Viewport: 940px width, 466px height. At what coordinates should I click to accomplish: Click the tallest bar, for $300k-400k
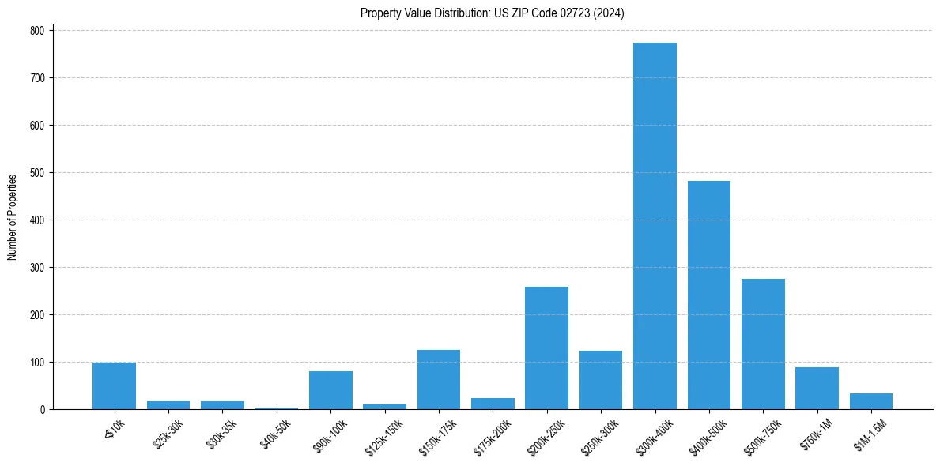(655, 226)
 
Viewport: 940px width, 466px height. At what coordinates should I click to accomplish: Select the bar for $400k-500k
(708, 295)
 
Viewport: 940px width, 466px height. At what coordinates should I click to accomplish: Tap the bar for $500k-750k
(763, 344)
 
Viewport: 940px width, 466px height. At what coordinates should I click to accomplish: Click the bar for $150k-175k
(438, 380)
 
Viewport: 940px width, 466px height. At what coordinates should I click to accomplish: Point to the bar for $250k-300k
(601, 380)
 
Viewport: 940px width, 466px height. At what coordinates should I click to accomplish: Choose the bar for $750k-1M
(817, 389)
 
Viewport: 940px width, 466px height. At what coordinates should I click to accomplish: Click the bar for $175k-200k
(493, 404)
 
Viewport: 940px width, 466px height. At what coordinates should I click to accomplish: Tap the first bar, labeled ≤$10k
(114, 386)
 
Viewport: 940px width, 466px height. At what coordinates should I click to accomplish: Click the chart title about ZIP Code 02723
(493, 13)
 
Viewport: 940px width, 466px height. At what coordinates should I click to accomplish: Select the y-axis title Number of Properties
(13, 216)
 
